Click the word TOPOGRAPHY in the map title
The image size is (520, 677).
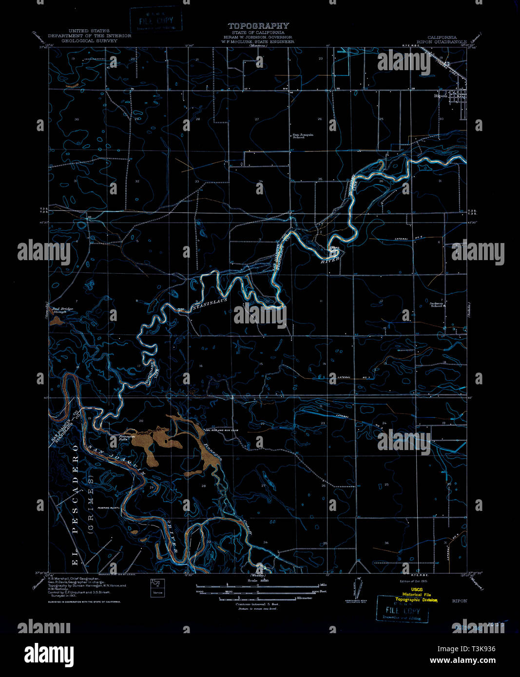pos(258,26)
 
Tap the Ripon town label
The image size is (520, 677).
pos(441,95)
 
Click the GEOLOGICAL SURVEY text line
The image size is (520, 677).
pos(89,41)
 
